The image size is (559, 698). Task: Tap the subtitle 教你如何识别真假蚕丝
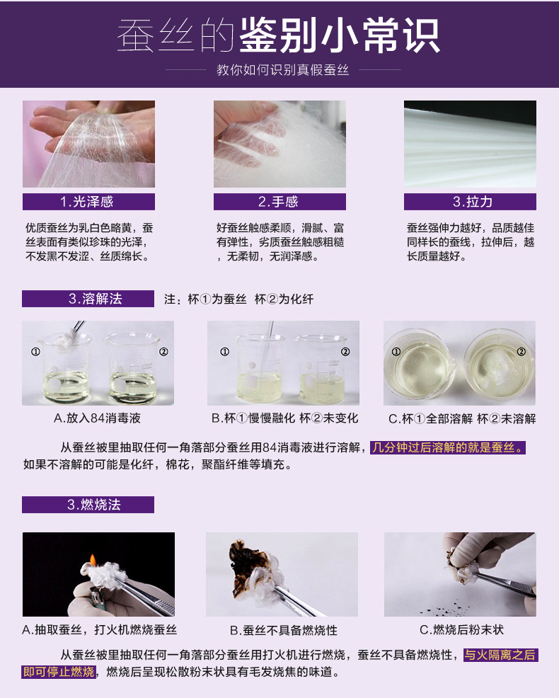point(279,71)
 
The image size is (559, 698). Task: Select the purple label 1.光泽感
point(88,202)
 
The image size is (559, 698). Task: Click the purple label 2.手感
point(279,202)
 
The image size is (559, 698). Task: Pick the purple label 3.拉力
point(470,202)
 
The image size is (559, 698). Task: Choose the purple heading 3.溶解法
point(88,299)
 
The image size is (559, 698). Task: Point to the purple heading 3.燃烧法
point(88,505)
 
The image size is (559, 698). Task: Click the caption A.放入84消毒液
point(97,418)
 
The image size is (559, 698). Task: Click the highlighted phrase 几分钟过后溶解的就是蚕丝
point(449,447)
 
